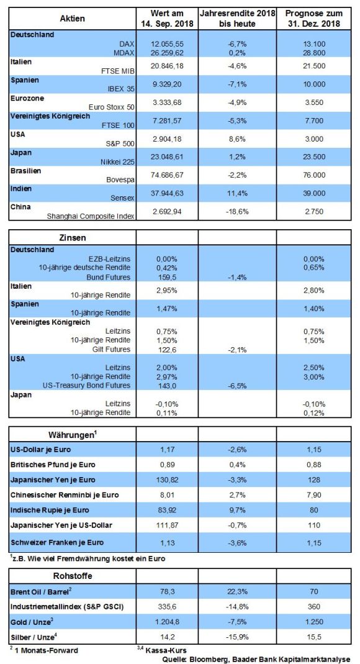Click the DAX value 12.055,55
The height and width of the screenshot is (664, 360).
tap(168, 44)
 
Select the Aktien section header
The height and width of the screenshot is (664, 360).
tap(73, 18)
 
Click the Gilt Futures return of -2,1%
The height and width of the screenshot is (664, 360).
tap(237, 350)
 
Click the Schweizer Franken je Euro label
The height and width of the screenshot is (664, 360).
tap(57, 542)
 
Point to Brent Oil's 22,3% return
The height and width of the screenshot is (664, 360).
tap(237, 591)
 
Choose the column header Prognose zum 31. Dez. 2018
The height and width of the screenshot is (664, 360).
tap(313, 19)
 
